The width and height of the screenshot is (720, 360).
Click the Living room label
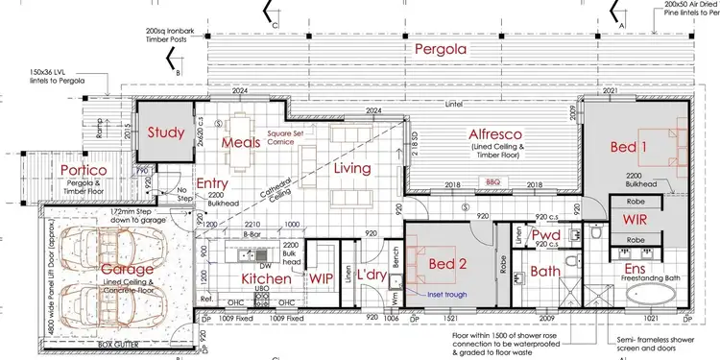(352, 169)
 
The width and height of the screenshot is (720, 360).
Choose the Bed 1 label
(632, 146)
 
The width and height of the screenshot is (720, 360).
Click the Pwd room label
(546, 236)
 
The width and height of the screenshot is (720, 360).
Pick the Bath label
(546, 271)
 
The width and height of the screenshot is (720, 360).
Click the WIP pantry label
(320, 277)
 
